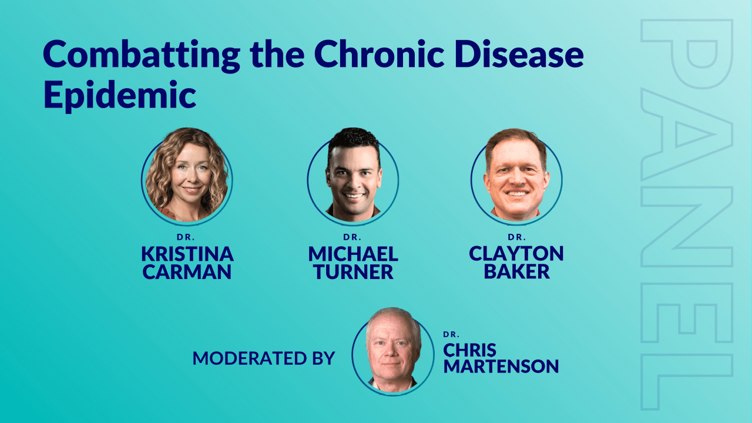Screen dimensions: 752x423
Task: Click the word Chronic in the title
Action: coord(380,54)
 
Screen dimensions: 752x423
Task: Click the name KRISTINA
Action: coord(187,254)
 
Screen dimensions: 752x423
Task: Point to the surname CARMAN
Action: coord(187,271)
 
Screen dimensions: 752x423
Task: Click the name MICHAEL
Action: coord(353,254)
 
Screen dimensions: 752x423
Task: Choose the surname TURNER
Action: coord(353,271)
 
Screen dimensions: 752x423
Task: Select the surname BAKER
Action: coord(516,271)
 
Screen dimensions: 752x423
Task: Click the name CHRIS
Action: coord(469,351)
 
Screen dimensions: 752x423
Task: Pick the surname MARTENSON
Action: coord(501,366)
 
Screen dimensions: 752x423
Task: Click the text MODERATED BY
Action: coord(264,358)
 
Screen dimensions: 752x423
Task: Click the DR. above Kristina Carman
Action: coord(186,237)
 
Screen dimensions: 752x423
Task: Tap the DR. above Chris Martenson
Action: coord(451,334)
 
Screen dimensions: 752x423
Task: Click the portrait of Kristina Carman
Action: coord(187,176)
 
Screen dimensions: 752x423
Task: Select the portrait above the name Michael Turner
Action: coord(353,176)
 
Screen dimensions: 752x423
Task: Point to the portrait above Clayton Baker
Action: coord(516,176)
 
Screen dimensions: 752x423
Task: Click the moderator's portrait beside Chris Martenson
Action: coord(393,351)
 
